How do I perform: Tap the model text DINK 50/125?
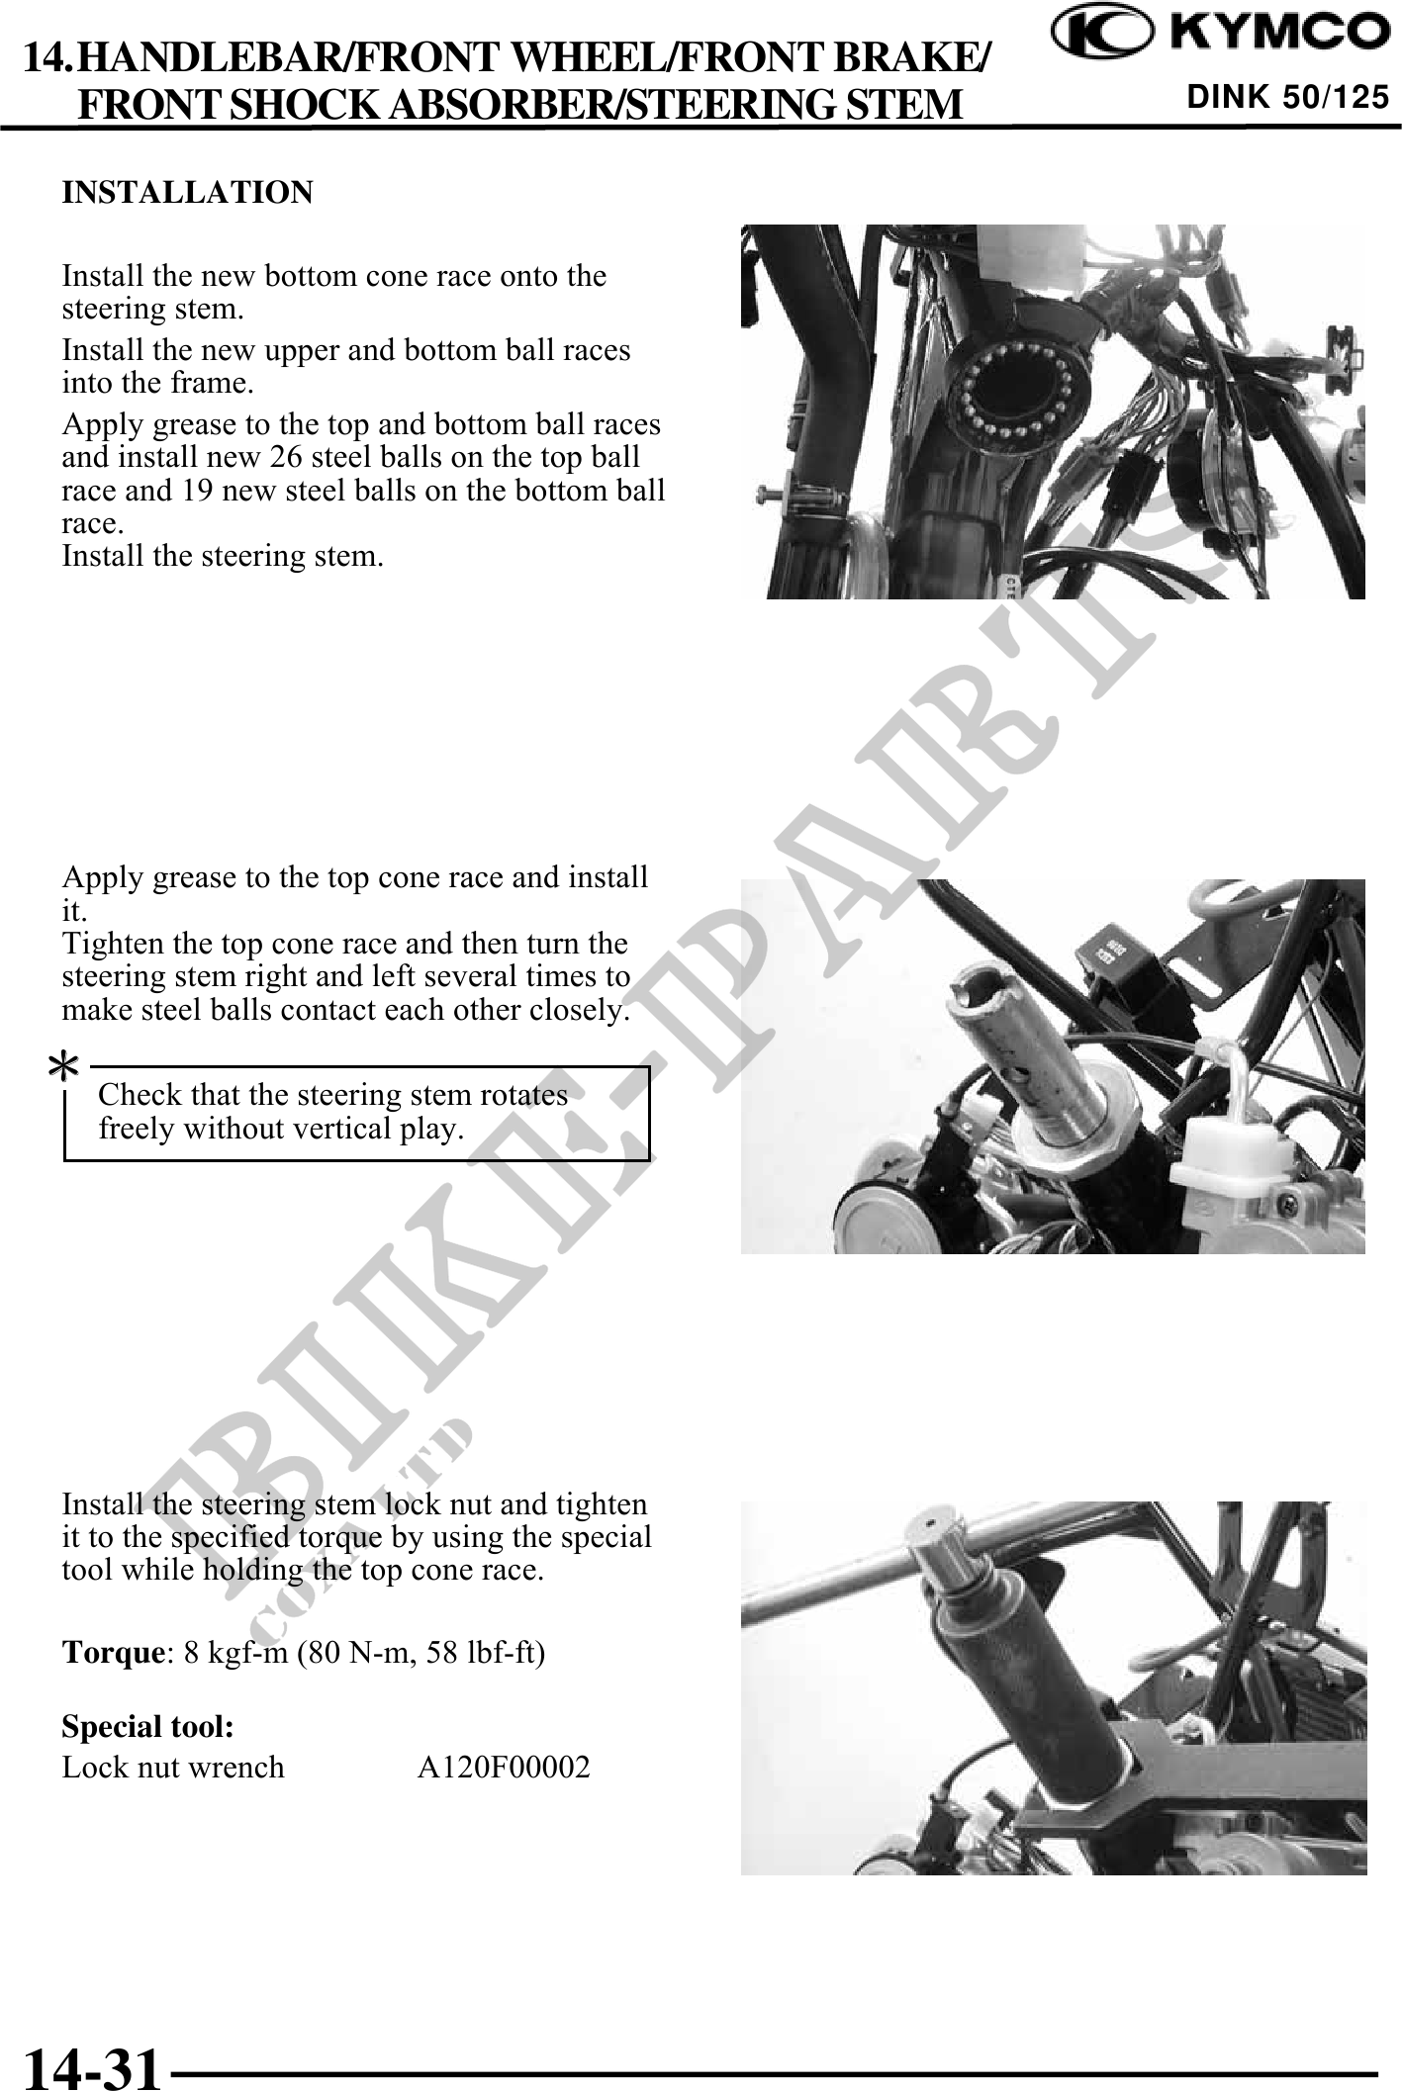1288,97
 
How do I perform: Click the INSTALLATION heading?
187,192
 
